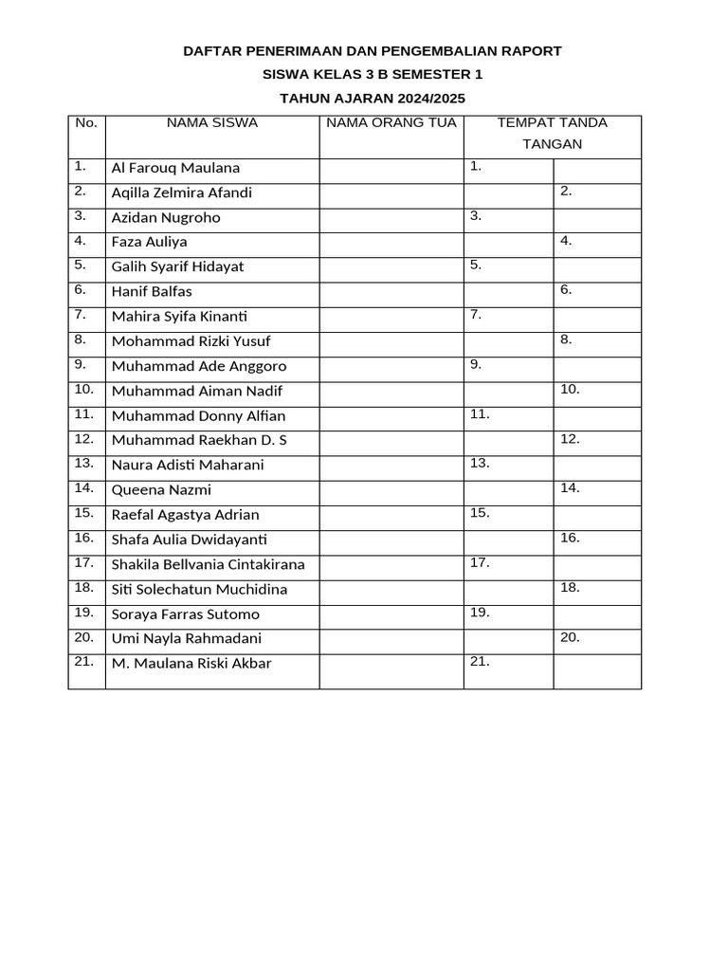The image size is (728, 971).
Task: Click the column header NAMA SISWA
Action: coord(211,123)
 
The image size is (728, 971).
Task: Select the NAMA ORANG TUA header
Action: coord(391,123)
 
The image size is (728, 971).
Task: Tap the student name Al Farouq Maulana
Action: coord(175,168)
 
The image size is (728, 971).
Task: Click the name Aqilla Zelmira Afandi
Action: coord(181,192)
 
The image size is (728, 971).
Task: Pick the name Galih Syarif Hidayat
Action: coord(177,266)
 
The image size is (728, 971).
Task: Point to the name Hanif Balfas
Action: coord(152,291)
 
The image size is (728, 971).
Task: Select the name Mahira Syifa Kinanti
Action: coord(179,317)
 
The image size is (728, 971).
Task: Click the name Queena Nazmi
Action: coord(161,490)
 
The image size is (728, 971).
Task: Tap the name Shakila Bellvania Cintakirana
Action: coord(208,564)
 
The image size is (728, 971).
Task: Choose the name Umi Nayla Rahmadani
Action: coord(187,639)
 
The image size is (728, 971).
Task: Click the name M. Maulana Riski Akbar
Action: coord(191,664)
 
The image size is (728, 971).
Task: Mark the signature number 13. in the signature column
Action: coord(479,463)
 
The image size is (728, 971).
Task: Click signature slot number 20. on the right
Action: coord(570,637)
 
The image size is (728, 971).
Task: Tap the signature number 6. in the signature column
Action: coord(566,289)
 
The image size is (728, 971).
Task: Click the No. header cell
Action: coord(86,123)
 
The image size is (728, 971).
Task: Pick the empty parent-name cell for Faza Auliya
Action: coord(391,242)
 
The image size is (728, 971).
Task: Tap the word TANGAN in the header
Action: coord(552,144)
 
